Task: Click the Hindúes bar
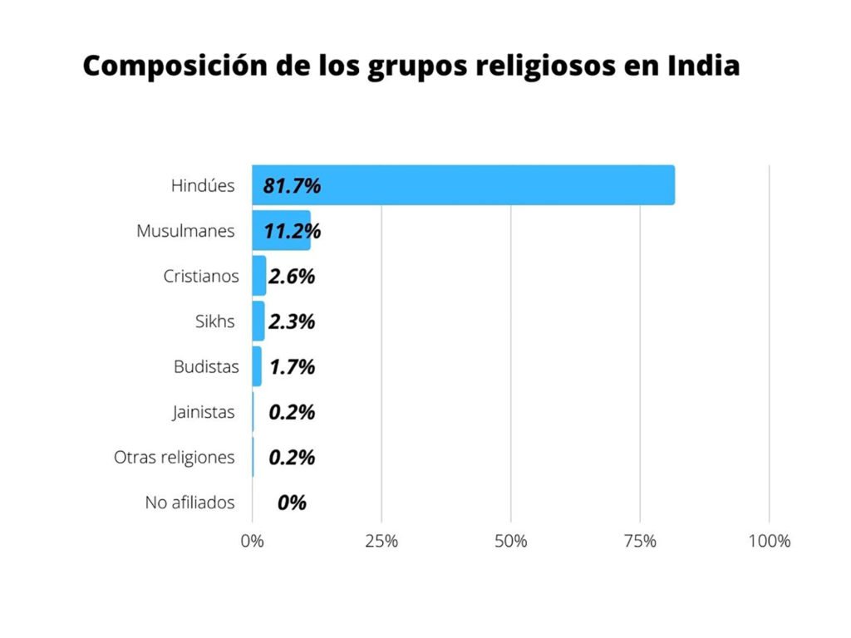click(499, 185)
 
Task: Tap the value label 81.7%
click(292, 186)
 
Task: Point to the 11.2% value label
click(292, 231)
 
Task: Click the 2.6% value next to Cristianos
click(292, 277)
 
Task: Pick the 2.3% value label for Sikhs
click(292, 321)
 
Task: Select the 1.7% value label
click(292, 366)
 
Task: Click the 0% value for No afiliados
click(292, 503)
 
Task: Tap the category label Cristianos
click(200, 276)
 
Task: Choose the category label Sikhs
click(214, 321)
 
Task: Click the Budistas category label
click(205, 366)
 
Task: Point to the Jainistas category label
click(204, 412)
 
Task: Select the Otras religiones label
click(174, 457)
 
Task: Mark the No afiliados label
click(189, 503)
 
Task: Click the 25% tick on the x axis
click(381, 542)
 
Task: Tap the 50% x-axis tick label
click(510, 542)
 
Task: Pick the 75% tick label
click(640, 542)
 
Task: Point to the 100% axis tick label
click(769, 542)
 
